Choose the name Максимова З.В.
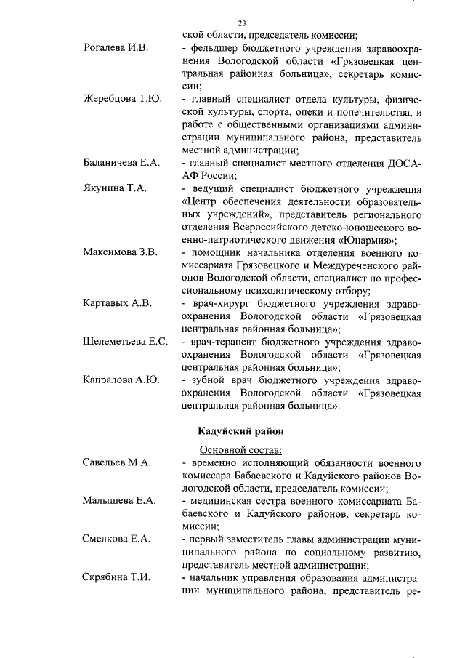[x=120, y=253]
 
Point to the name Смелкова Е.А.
[x=117, y=538]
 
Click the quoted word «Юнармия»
[x=368, y=239]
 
